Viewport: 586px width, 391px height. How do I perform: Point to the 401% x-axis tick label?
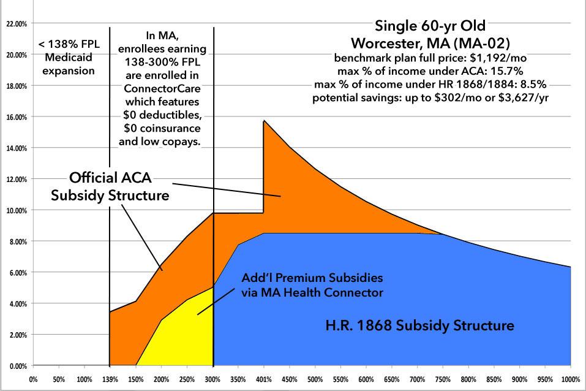(263, 378)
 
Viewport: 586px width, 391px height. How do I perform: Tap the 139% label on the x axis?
(110, 378)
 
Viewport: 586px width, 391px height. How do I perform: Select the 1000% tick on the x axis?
(569, 378)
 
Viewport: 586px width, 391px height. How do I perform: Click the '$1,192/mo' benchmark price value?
(500, 59)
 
